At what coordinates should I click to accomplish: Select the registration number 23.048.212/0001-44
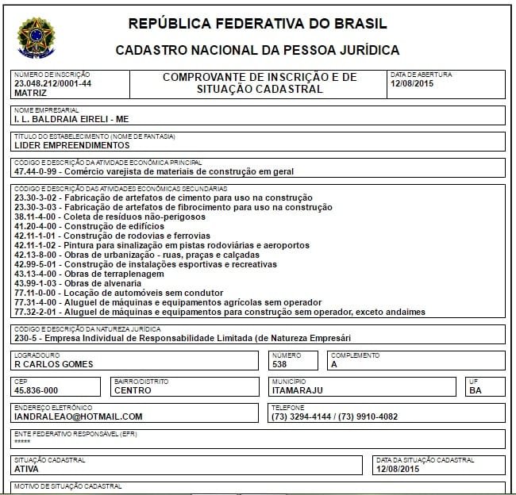pyautogui.click(x=52, y=83)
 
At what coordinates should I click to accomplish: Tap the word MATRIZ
pyautogui.click(x=31, y=93)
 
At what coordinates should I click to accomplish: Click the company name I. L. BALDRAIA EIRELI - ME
pyautogui.click(x=71, y=119)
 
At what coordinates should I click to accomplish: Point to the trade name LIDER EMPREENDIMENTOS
pyautogui.click(x=71, y=146)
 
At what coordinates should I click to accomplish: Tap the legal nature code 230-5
pyautogui.click(x=25, y=338)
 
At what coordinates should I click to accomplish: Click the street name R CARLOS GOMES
pyautogui.click(x=54, y=364)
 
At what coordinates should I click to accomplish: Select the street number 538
pyautogui.click(x=279, y=364)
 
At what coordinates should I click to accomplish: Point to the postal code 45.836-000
pyautogui.click(x=37, y=390)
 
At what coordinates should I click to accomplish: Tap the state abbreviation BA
pyautogui.click(x=476, y=390)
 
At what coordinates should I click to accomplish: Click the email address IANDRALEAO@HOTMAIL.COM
pyautogui.click(x=79, y=416)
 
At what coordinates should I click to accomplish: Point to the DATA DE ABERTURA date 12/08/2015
pyautogui.click(x=411, y=83)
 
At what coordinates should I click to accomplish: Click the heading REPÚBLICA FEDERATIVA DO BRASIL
pyautogui.click(x=257, y=22)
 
